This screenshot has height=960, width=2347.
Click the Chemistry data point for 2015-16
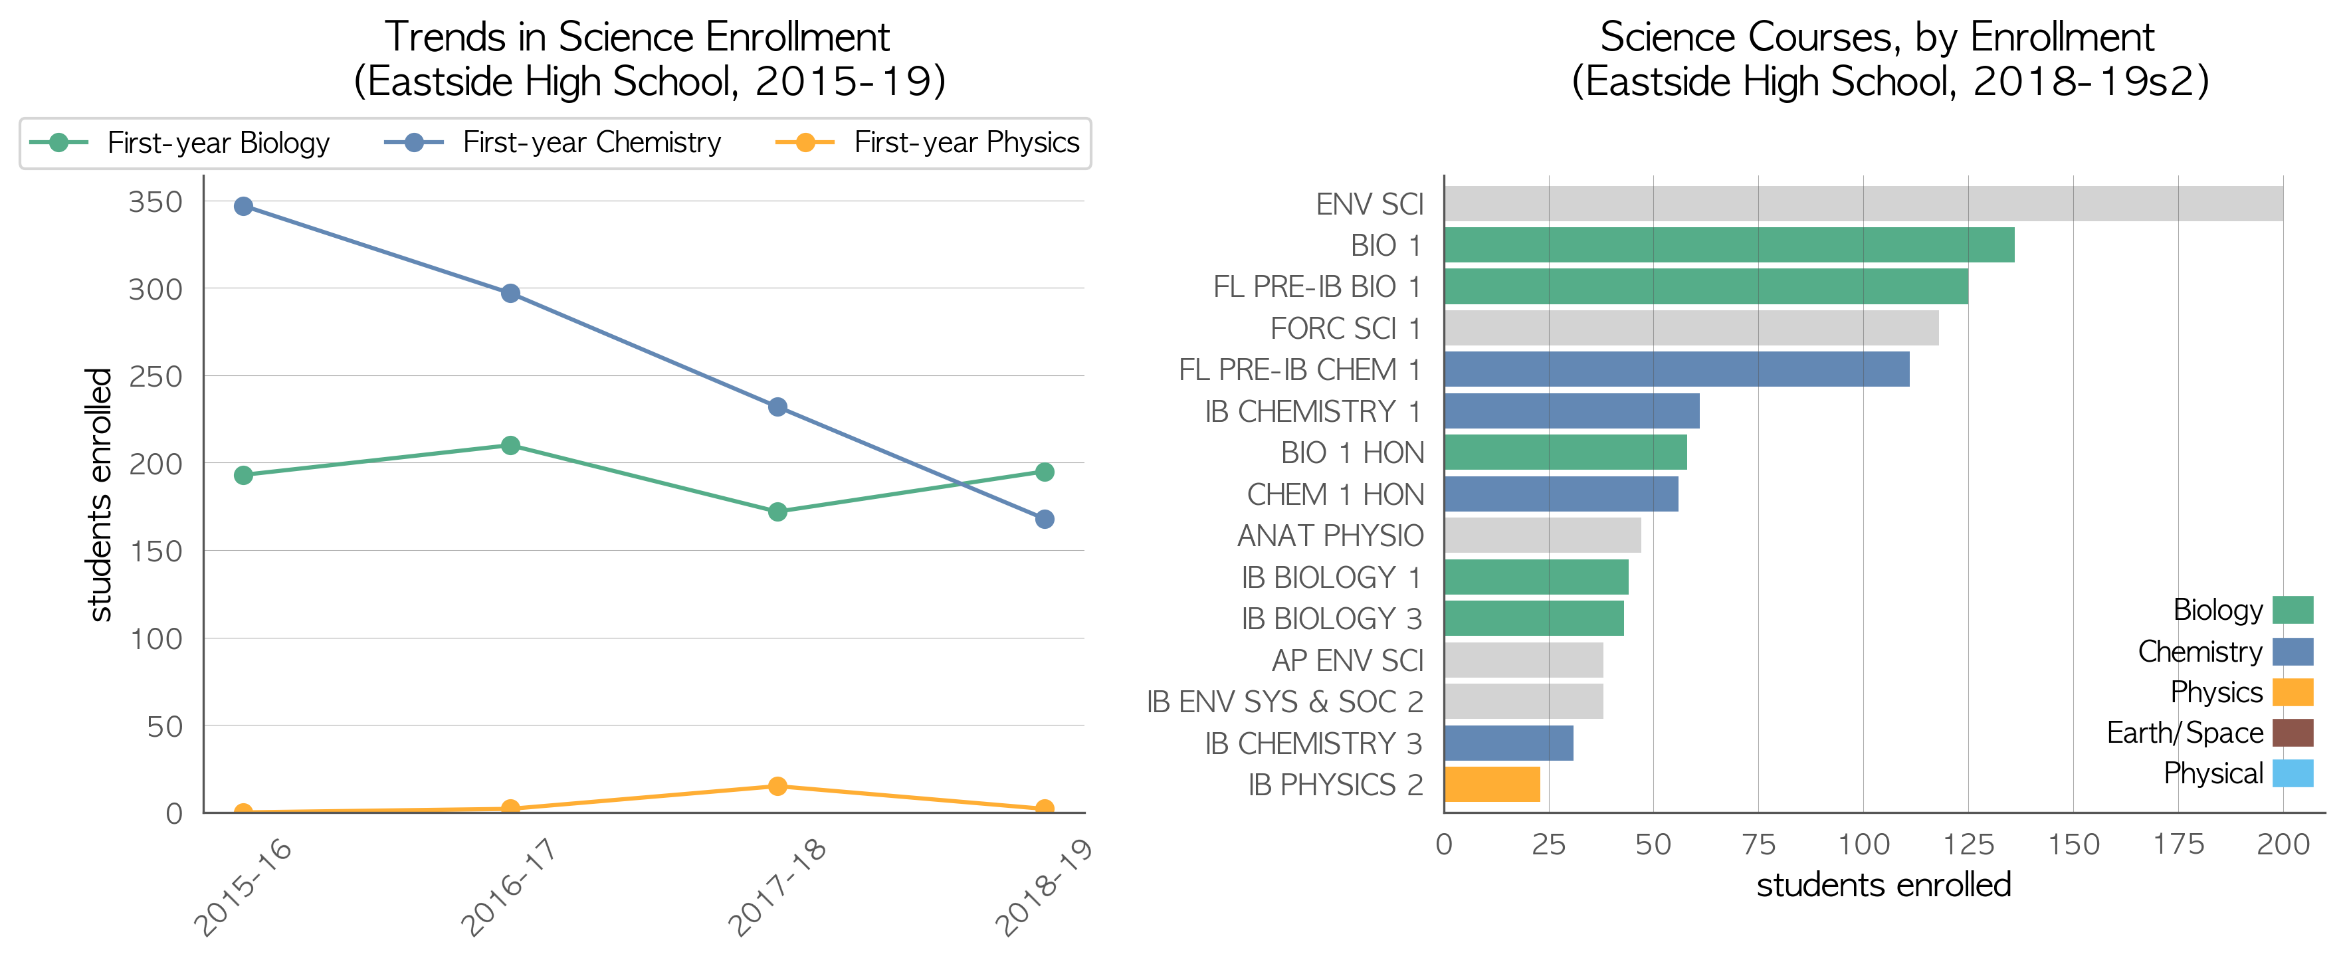(x=243, y=207)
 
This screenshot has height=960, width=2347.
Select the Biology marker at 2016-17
(x=510, y=445)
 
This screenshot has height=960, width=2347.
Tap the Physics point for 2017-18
(x=777, y=786)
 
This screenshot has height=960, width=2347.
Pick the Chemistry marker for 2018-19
(x=1045, y=519)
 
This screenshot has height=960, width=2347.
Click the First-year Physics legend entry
(x=928, y=143)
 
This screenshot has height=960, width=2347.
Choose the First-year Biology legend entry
(x=179, y=143)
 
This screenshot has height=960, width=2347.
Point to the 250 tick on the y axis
(x=155, y=376)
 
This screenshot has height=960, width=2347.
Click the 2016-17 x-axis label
(x=508, y=887)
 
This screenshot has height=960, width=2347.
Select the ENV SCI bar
(x=1863, y=204)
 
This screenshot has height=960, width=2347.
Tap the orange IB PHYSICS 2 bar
(x=1492, y=784)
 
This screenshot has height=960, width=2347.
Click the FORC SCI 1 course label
(x=1346, y=329)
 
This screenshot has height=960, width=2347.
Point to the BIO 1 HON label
(x=1352, y=452)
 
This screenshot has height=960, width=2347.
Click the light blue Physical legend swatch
(x=2293, y=773)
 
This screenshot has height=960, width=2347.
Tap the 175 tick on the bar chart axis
(x=2178, y=844)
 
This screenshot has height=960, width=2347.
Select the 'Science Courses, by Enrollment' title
(x=1877, y=37)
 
